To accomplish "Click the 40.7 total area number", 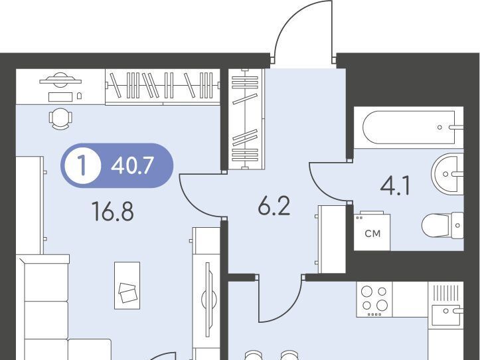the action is [x=132, y=166].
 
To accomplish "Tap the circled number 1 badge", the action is [x=82, y=166].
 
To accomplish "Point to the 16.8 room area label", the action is [x=113, y=212].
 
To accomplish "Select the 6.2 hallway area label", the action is [x=274, y=206].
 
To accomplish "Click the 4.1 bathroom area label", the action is [x=395, y=186].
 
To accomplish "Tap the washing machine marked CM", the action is [x=372, y=231].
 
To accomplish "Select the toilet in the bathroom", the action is [x=443, y=226].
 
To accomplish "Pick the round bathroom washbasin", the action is [x=447, y=174].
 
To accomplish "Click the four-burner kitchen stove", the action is [x=374, y=300].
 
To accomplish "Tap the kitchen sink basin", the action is [x=445, y=315].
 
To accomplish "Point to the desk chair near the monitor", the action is [x=60, y=119].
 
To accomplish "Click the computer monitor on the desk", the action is [x=60, y=80].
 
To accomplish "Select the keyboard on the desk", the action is [x=60, y=97].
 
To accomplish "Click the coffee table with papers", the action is [x=127, y=286].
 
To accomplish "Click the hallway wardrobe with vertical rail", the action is [x=246, y=119].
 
